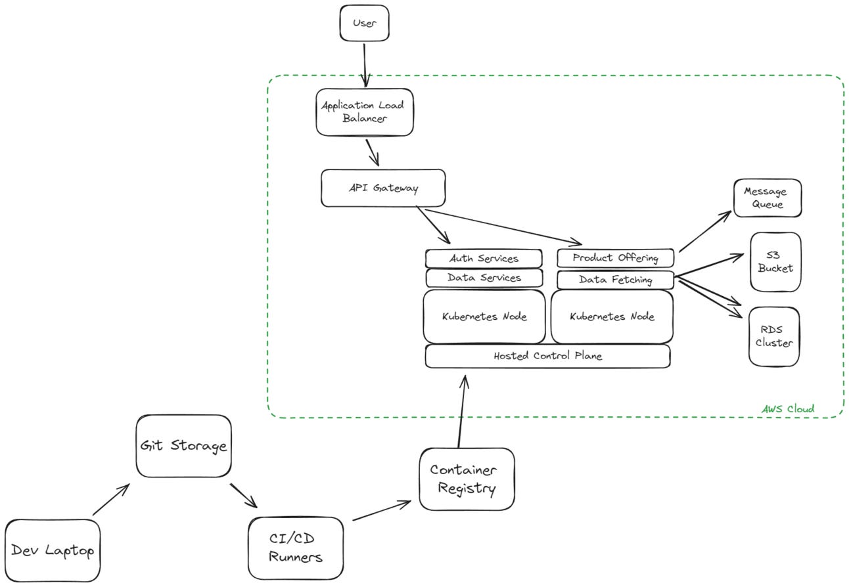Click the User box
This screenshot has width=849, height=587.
point(364,23)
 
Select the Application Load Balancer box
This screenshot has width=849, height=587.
point(364,112)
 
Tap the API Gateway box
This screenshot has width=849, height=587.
point(382,188)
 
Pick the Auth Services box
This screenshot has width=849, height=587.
point(484,259)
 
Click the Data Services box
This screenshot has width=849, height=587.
point(484,278)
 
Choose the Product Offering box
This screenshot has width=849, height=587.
point(615,258)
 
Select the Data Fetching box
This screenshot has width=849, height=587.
point(615,280)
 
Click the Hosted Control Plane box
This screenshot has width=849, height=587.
point(547,356)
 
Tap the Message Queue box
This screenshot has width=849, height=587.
point(767,198)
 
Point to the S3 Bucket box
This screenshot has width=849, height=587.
point(775,262)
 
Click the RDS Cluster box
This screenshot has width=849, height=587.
point(773,336)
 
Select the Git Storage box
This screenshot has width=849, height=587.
point(183,446)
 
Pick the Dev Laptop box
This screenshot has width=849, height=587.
point(53,550)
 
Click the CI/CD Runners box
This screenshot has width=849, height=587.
point(296,548)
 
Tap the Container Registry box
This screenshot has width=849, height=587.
point(467,479)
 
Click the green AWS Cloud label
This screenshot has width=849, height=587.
point(787,409)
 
